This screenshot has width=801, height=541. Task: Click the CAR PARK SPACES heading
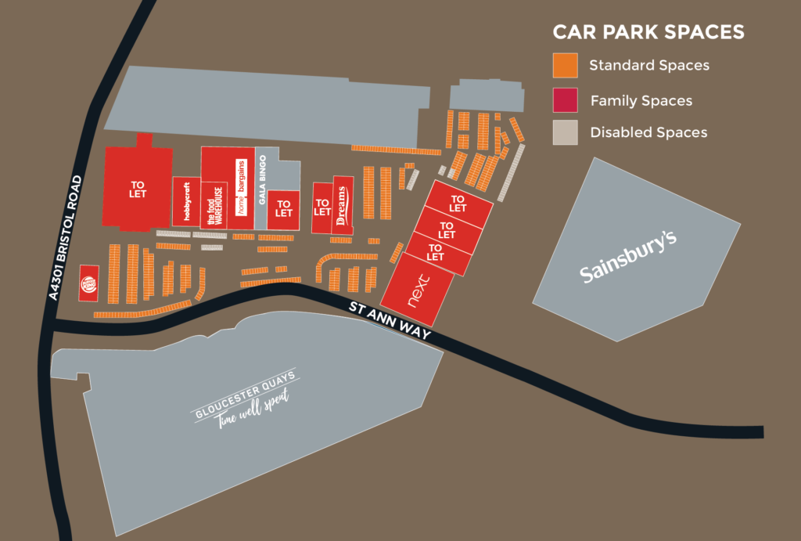coord(648,32)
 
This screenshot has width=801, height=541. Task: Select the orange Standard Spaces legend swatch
coord(565,65)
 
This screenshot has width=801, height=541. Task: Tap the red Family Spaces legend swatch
coord(565,99)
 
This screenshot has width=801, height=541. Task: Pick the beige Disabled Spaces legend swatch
coord(565,132)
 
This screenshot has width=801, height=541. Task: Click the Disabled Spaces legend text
coord(648,132)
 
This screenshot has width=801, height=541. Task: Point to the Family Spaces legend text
coord(641,100)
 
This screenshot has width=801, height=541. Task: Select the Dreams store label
coord(341,206)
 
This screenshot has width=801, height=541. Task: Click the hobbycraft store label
coord(187,203)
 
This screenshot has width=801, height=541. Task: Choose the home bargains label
coord(242,188)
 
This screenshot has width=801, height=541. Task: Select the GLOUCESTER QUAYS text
coord(245,395)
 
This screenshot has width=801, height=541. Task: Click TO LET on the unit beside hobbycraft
coord(138,189)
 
